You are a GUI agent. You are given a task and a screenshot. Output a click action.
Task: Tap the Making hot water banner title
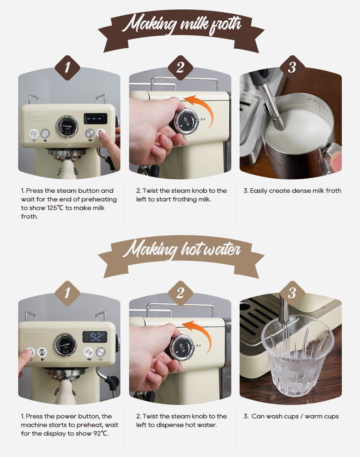181,249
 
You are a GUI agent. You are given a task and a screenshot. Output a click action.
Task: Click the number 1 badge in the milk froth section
67,67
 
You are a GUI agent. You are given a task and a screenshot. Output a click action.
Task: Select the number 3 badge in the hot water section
292,293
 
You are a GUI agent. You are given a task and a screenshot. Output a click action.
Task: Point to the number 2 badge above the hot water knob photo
180,293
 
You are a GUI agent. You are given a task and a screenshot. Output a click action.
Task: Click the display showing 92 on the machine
95,337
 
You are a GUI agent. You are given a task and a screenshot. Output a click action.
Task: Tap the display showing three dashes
95,118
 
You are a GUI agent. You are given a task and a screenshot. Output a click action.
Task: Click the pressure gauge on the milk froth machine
67,126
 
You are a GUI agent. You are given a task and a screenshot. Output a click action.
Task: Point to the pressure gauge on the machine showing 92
65,345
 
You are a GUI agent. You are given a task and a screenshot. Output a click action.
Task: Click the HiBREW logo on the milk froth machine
39,117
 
